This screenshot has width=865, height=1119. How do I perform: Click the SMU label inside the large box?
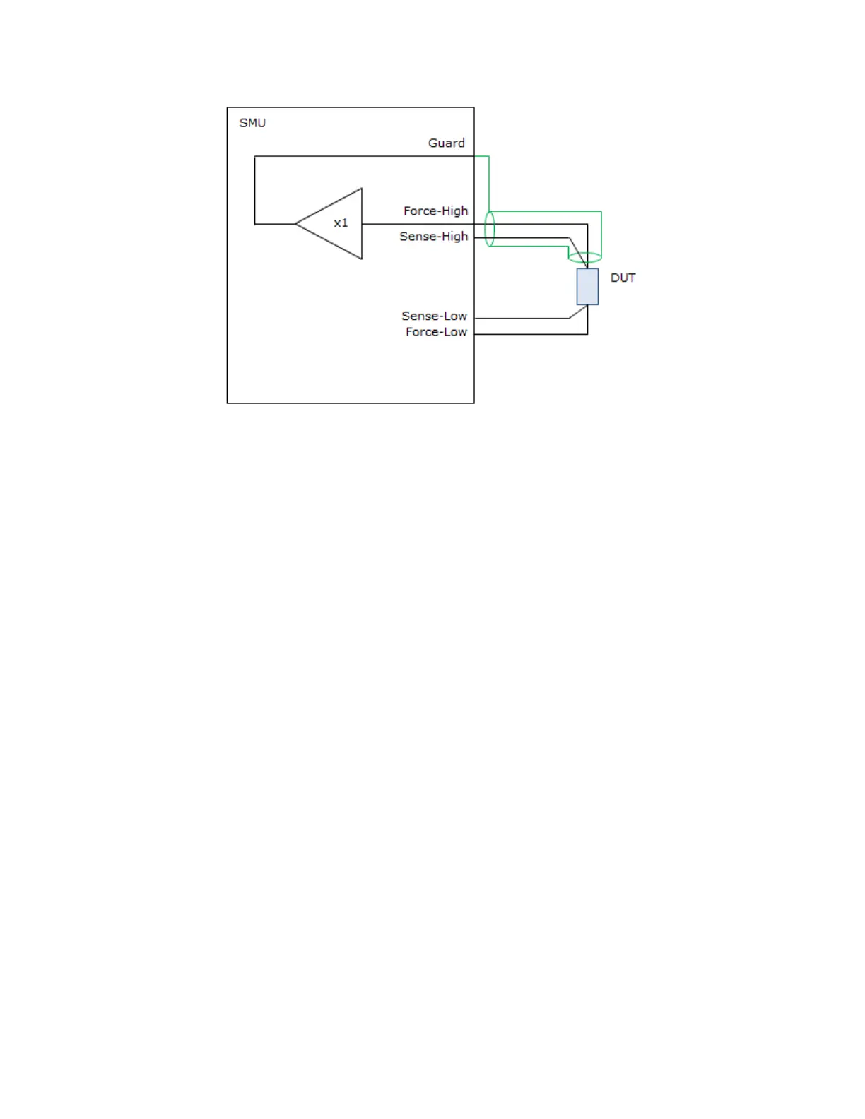tap(252, 123)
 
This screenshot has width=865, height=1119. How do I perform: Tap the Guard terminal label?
tap(446, 143)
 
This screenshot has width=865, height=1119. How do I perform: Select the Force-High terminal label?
tap(435, 211)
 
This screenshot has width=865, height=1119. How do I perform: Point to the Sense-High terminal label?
tap(433, 237)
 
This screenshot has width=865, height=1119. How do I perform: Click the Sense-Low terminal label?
tap(434, 316)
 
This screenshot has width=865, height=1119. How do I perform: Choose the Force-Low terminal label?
tap(436, 332)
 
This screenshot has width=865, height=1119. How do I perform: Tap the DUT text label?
tap(623, 278)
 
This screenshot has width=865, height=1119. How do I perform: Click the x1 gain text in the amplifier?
tap(341, 223)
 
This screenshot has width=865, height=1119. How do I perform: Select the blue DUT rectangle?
tap(587, 287)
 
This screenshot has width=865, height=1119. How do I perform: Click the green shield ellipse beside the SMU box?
tap(489, 229)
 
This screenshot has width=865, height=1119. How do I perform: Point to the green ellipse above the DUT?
tap(584, 258)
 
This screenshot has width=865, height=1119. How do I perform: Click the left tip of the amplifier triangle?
tap(297, 224)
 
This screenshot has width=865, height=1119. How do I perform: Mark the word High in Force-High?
tap(454, 211)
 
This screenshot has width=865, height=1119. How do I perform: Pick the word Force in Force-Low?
tap(421, 332)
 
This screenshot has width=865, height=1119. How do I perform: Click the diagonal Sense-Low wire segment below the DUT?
tap(578, 312)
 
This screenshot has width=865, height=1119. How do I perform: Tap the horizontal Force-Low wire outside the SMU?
tap(530, 334)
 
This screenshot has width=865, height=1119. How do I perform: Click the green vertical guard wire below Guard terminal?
tap(489, 184)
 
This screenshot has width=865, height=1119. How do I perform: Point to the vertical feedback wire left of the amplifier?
tap(254, 190)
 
